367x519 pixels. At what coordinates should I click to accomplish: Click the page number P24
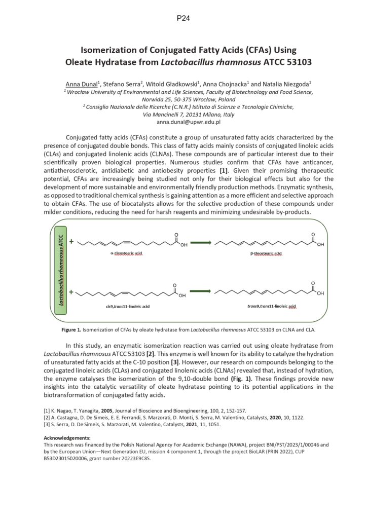coord(183,19)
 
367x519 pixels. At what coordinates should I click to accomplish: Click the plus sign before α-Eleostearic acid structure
coord(71,242)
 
